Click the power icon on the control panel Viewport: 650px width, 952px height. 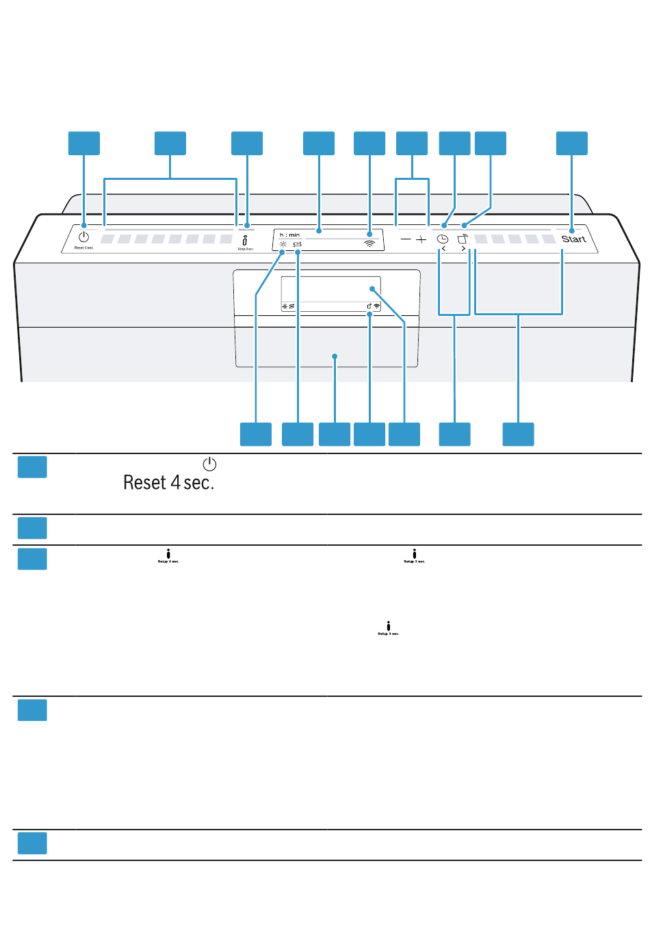(83, 237)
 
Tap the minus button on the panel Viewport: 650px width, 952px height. (406, 239)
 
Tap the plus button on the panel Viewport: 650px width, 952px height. (421, 239)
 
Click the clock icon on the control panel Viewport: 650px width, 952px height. (443, 239)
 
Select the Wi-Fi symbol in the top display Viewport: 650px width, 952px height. (369, 242)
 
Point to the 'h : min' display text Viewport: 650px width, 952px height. (289, 235)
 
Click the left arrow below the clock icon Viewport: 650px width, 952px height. (443, 249)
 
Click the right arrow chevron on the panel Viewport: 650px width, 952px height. (463, 249)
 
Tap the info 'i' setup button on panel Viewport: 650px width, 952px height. (245, 240)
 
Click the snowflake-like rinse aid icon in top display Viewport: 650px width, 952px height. (283, 243)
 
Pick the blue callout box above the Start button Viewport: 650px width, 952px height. (572, 144)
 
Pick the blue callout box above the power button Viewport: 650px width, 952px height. (84, 144)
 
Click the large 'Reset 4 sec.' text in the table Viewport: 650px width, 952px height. (168, 483)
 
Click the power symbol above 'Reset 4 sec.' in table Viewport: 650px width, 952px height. (209, 464)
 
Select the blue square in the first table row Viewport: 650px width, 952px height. (32, 467)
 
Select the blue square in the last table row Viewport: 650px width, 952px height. (32, 843)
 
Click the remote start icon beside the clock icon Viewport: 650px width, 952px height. (463, 239)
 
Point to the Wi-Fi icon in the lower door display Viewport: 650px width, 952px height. (376, 306)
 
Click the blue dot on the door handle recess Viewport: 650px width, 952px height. (335, 356)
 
